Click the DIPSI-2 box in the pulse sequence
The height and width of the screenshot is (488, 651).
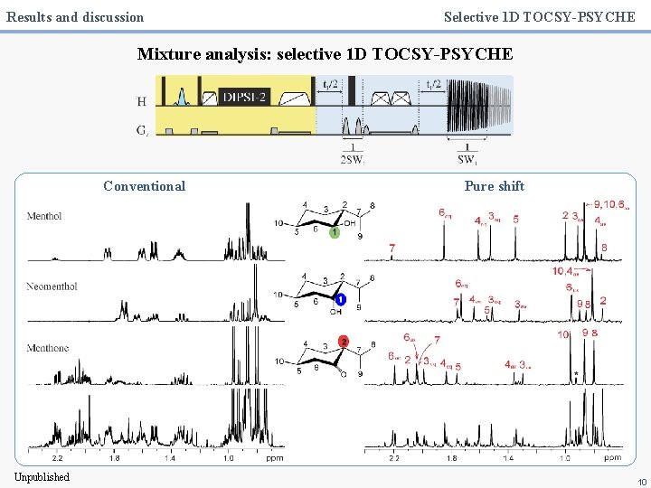(x=244, y=97)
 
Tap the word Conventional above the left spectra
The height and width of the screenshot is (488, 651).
(x=144, y=186)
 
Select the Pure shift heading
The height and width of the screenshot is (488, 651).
(x=494, y=186)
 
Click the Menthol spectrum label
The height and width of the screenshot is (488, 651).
(x=44, y=216)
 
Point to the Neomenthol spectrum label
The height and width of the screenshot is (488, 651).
(x=52, y=286)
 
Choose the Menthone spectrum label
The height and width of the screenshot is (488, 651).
(x=48, y=348)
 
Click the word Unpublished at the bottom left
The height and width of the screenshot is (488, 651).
(x=42, y=477)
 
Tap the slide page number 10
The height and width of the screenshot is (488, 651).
(x=642, y=482)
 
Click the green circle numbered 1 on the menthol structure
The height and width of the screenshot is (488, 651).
(x=335, y=233)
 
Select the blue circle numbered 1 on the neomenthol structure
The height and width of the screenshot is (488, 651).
(x=341, y=299)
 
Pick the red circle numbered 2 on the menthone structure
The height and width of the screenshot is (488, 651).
(x=344, y=341)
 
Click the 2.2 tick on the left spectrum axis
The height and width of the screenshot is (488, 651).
(x=57, y=459)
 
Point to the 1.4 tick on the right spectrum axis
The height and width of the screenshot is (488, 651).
(x=508, y=459)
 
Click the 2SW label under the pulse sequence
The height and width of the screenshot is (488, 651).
(x=353, y=160)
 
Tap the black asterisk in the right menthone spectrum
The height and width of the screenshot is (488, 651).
(x=576, y=374)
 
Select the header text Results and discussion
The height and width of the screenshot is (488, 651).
(x=75, y=16)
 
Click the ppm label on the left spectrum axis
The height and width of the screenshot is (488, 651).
(x=274, y=459)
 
